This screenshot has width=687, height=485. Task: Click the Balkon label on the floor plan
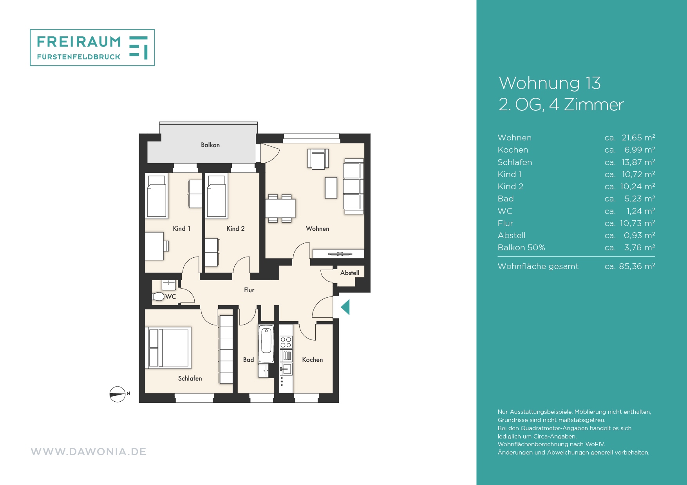[210, 145]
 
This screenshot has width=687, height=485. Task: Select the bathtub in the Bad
[266, 344]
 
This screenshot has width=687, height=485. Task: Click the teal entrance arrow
[345, 307]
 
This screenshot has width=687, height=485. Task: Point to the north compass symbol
[118, 394]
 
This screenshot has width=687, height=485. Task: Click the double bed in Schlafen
[168, 348]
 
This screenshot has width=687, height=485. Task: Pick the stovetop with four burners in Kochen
[286, 343]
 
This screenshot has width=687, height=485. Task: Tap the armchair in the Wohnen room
[318, 159]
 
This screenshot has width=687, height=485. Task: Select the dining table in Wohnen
[280, 208]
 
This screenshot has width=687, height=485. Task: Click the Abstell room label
[350, 273]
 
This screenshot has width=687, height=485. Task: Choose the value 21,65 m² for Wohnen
[638, 138]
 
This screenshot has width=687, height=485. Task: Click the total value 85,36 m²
[637, 266]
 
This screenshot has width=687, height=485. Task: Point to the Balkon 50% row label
[521, 248]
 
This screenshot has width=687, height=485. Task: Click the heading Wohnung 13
[550, 83]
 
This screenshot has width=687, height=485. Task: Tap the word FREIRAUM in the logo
[79, 41]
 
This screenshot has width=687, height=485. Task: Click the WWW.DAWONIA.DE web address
[89, 452]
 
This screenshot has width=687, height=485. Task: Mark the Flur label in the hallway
[249, 290]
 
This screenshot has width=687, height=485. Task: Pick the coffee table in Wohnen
[331, 188]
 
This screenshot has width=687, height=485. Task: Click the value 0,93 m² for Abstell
[640, 235]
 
